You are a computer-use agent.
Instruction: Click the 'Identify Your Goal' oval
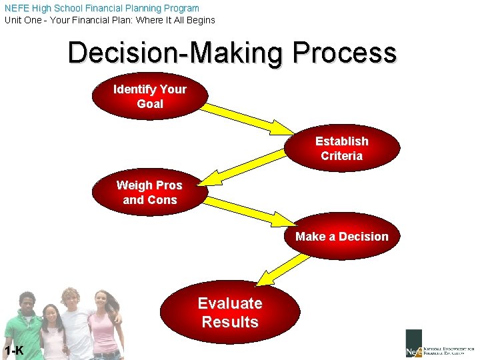pyautogui.click(x=149, y=96)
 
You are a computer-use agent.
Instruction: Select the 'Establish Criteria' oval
pyautogui.click(x=341, y=149)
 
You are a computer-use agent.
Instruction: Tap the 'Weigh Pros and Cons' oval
pyautogui.click(x=149, y=193)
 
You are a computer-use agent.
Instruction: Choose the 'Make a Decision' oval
pyautogui.click(x=341, y=237)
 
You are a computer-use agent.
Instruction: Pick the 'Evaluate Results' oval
pyautogui.click(x=230, y=313)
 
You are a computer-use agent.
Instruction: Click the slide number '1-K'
pyautogui.click(x=13, y=351)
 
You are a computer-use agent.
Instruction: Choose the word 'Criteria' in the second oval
pyautogui.click(x=341, y=156)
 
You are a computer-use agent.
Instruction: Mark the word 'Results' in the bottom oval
pyautogui.click(x=230, y=322)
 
